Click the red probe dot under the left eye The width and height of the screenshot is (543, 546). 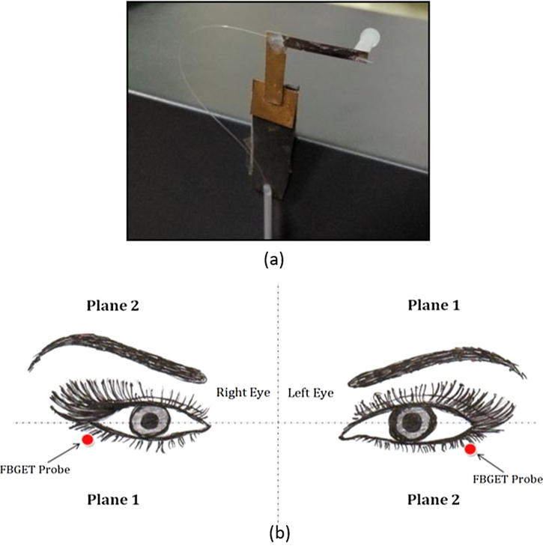[470, 449]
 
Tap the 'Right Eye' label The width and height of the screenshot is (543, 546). [238, 392]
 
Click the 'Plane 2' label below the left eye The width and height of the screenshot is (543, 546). [434, 498]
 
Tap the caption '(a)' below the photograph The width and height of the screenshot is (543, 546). [273, 260]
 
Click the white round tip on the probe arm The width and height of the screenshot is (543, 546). [370, 37]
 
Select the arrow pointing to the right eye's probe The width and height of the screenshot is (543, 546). [74, 448]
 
